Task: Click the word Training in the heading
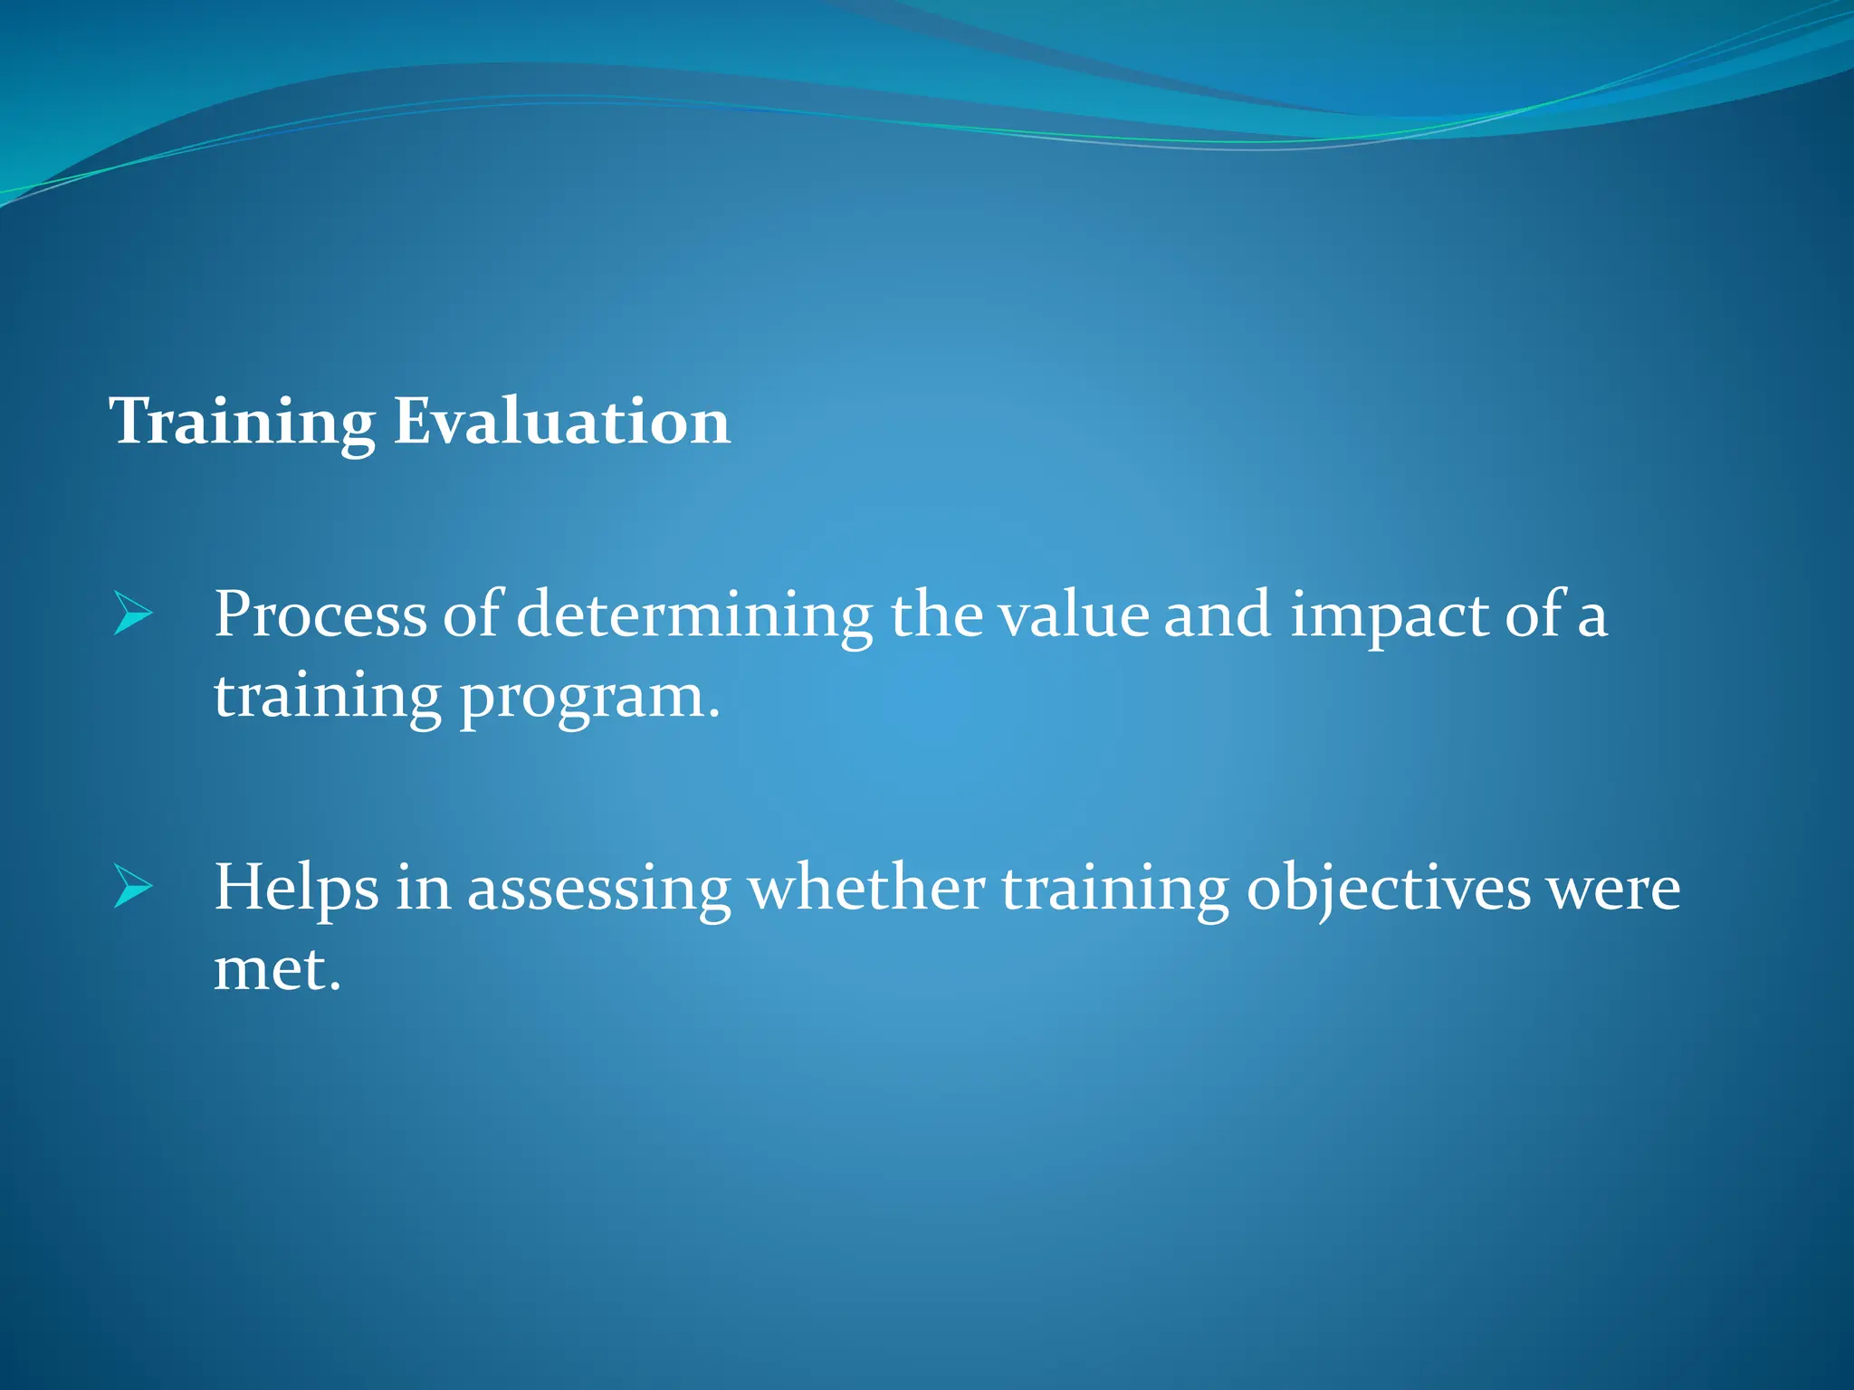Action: click(x=242, y=422)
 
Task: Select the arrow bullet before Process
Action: click(x=133, y=615)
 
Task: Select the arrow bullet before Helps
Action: click(x=133, y=889)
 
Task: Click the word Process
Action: click(x=320, y=615)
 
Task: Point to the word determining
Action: click(x=693, y=615)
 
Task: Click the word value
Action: click(x=1073, y=615)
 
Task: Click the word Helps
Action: click(x=296, y=889)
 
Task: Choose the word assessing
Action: click(x=598, y=889)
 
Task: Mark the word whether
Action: click(x=866, y=889)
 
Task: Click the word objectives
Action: click(x=1388, y=889)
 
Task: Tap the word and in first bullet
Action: click(x=1217, y=615)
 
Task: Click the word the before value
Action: click(x=936, y=615)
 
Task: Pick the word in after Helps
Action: click(x=423, y=889)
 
